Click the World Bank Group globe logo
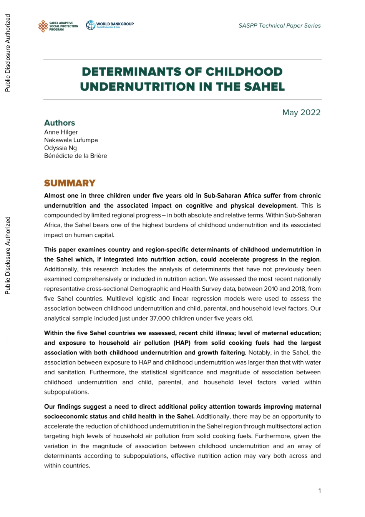point(91,25)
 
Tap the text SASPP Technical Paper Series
point(279,26)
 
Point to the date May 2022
point(301,113)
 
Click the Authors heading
point(60,123)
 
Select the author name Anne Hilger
point(61,132)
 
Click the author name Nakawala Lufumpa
point(71,140)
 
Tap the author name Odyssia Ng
point(60,148)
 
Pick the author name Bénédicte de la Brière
point(75,156)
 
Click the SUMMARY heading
point(70,183)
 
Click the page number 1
point(319,490)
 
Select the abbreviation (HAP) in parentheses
point(182,343)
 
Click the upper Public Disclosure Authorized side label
point(8,53)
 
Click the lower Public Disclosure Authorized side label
point(8,256)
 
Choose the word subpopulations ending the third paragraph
point(66,392)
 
